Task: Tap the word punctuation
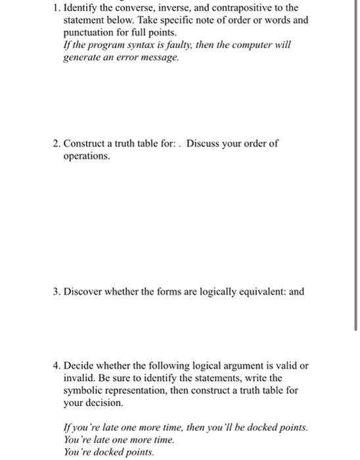[x=85, y=32]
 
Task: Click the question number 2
[x=55, y=144]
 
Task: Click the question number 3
[x=55, y=290]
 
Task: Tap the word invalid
[x=79, y=379]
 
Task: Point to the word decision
[x=104, y=402]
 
